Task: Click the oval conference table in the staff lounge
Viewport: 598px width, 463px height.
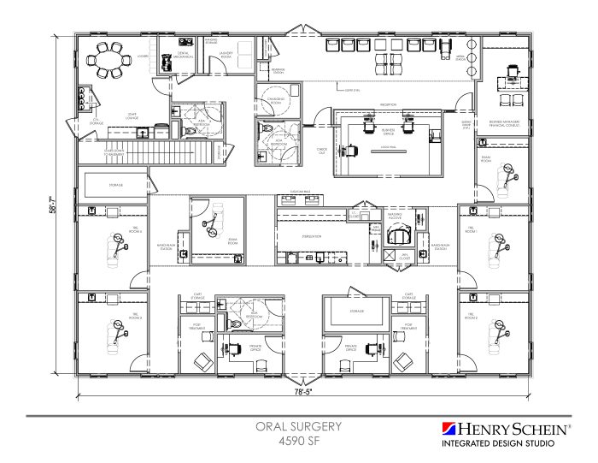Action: (109, 61)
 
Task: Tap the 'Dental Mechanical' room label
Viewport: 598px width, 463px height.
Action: (182, 56)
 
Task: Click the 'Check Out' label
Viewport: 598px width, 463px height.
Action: (322, 151)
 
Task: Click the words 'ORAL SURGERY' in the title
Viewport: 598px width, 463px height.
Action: (298, 426)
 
